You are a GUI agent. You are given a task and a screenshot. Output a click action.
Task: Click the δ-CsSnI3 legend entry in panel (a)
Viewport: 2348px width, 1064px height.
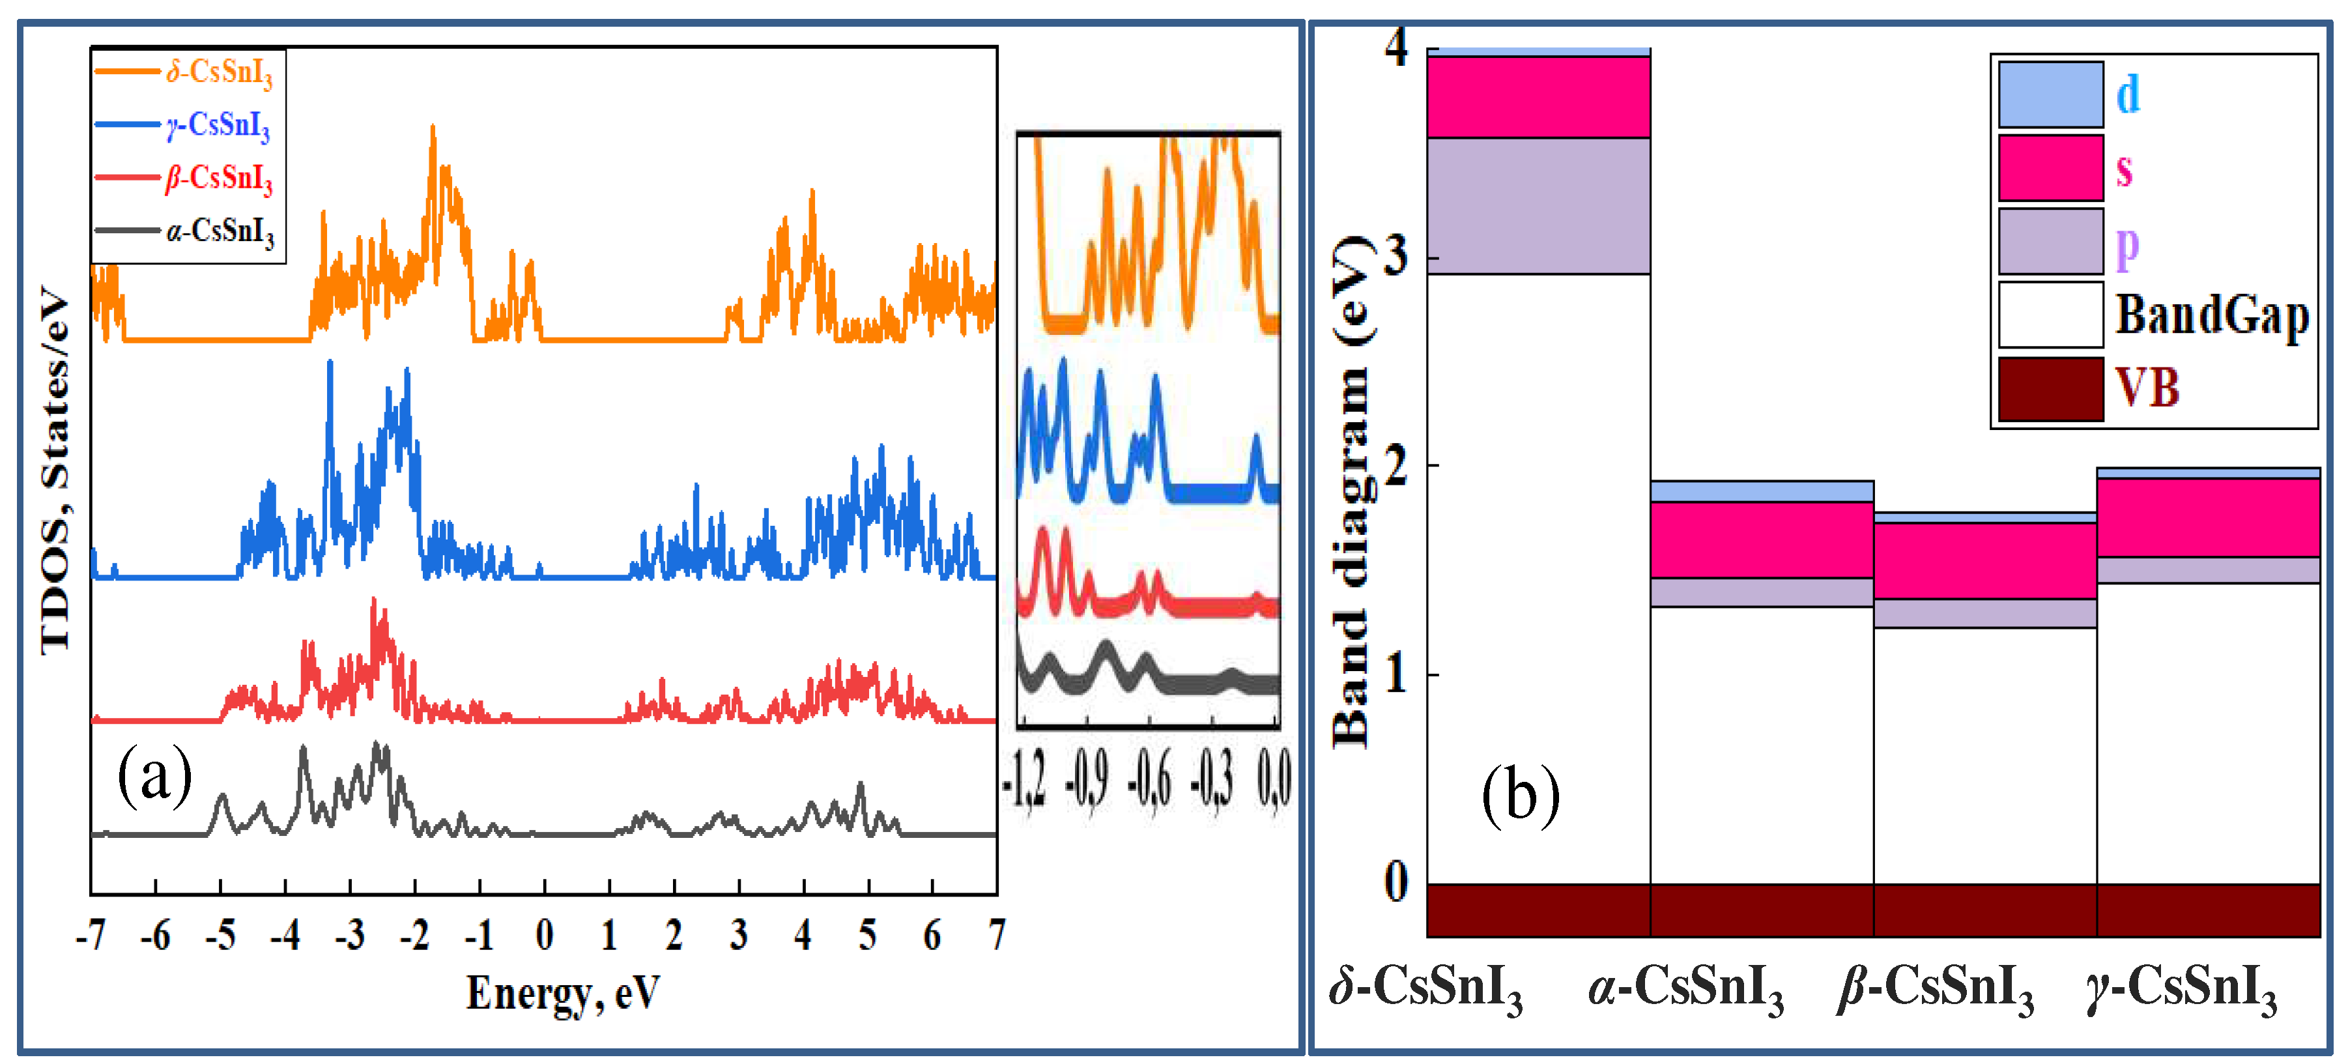(x=219, y=71)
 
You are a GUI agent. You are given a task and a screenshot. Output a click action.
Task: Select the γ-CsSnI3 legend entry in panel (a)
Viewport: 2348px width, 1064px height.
(x=219, y=125)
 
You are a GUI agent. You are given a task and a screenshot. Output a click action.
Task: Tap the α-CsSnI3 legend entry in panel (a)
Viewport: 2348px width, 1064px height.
(x=219, y=231)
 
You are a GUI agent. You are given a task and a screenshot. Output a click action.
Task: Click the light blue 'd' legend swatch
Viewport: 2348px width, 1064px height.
(x=2051, y=94)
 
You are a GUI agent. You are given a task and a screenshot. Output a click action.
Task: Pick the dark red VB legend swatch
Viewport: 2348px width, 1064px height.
(x=2051, y=388)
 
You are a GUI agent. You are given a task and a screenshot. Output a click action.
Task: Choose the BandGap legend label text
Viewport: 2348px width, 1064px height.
(x=2212, y=315)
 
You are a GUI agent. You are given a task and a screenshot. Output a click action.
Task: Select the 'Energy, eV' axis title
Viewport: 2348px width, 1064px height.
(x=562, y=993)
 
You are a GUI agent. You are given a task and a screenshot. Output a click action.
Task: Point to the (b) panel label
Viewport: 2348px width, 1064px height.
(x=1521, y=795)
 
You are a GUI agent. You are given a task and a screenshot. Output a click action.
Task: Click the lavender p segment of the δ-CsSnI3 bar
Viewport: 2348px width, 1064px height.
(x=1539, y=206)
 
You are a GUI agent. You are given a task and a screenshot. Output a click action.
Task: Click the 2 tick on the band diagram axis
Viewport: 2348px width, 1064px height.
(x=1396, y=466)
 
